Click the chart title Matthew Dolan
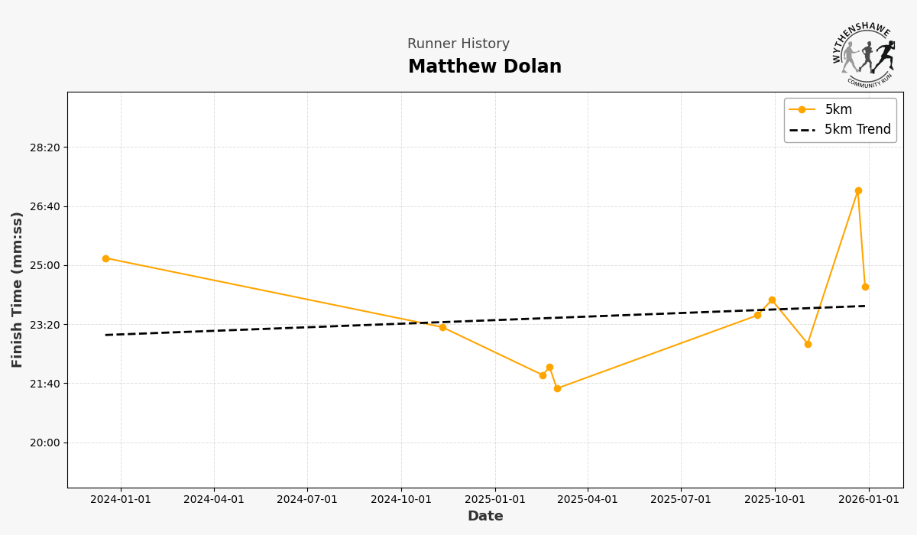coord(484,67)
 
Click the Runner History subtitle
coord(458,44)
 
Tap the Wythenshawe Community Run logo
coord(864,55)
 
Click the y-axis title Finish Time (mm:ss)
coord(18,290)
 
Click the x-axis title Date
coord(485,517)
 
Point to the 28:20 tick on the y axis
coord(44,148)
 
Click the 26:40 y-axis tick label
coord(44,206)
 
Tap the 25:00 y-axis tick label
coord(44,265)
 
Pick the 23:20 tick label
coord(44,325)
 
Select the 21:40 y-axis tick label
coord(44,384)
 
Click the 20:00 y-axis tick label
coord(44,443)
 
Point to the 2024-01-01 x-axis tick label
coord(120,500)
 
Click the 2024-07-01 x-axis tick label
coord(307,500)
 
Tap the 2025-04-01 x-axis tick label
coord(588,500)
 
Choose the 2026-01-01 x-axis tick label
coord(868,500)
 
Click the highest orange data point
coord(858,191)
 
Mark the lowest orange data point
coord(557,388)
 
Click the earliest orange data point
coord(105,258)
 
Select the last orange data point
coord(865,287)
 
